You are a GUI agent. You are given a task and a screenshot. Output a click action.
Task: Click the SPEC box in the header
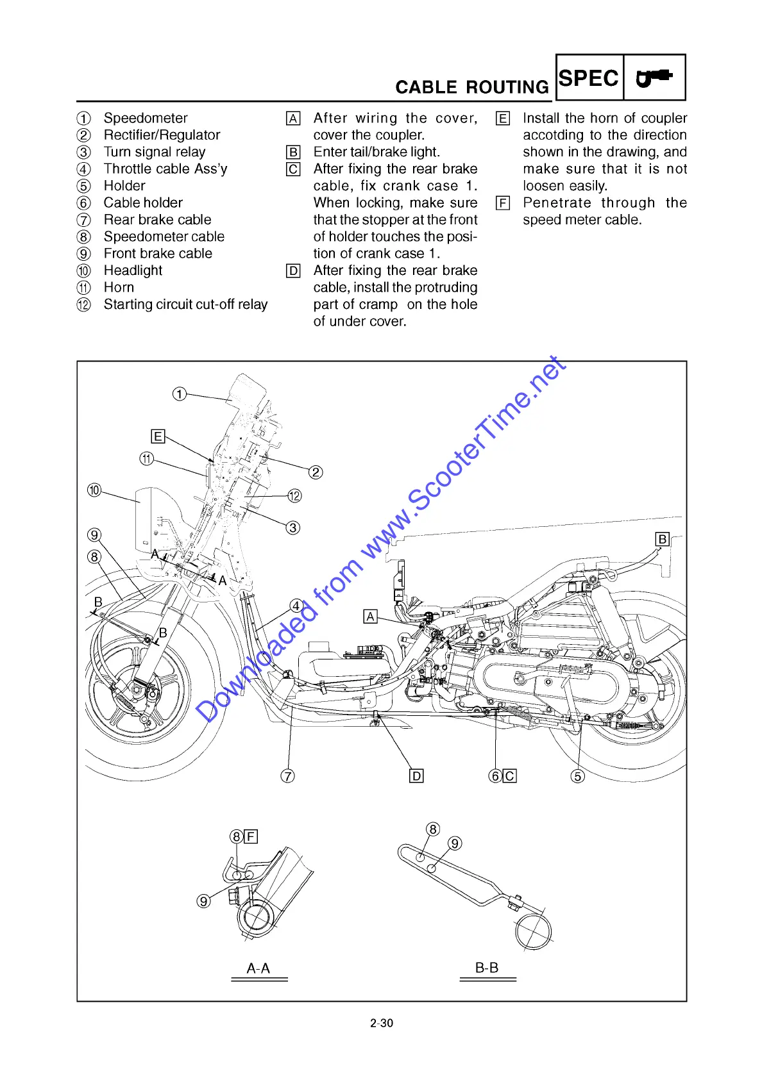coord(589,78)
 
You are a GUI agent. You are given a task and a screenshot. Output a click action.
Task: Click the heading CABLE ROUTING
coord(471,87)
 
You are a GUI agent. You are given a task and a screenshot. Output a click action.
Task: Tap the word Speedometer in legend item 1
coord(146,119)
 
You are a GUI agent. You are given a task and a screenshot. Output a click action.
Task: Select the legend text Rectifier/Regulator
coord(162,135)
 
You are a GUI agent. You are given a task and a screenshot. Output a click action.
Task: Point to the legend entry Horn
coord(119,288)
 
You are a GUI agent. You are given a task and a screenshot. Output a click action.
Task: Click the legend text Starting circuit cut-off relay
coord(185,304)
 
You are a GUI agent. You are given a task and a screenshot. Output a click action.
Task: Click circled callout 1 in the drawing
coord(180,394)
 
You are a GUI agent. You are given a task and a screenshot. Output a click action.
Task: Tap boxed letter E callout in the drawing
coord(158,437)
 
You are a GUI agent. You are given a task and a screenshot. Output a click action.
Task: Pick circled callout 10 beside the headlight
coord(94,490)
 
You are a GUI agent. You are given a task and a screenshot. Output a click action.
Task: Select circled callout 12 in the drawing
coord(294,495)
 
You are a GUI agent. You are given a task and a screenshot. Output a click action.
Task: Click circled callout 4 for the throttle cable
coord(296,606)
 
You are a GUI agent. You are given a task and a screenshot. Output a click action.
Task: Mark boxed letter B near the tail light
coord(663,539)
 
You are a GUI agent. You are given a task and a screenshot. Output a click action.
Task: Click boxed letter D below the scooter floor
coord(416,776)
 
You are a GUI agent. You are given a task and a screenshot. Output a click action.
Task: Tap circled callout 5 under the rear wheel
coord(578,776)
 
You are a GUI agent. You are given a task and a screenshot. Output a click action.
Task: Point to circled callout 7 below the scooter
coord(288,776)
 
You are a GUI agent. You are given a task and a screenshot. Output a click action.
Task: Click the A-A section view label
coord(258,968)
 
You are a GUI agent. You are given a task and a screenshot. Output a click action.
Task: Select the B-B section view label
coord(487,968)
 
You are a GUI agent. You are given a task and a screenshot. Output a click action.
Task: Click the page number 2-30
coord(382,1024)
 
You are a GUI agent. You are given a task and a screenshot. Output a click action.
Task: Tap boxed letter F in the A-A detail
coord(251,836)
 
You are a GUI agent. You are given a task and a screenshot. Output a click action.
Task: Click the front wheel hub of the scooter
coord(138,692)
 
